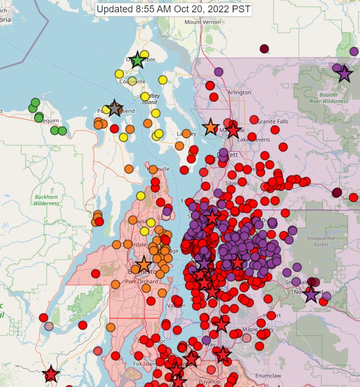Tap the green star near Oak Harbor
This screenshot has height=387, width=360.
click(x=138, y=60)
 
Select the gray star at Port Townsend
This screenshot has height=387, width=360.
click(x=114, y=108)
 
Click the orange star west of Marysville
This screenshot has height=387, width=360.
click(x=211, y=127)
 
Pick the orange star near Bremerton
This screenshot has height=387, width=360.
click(x=143, y=265)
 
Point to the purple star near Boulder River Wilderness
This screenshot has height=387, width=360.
click(x=344, y=74)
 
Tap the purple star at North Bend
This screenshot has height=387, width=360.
click(x=311, y=294)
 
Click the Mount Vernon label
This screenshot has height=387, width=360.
click(x=201, y=22)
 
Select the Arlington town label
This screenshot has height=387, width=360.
click(x=239, y=92)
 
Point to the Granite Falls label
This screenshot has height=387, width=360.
click(x=273, y=121)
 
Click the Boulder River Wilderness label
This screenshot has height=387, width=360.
click(x=329, y=97)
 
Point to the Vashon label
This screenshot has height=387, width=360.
click(x=176, y=305)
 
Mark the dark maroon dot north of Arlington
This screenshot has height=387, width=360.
click(x=264, y=49)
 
